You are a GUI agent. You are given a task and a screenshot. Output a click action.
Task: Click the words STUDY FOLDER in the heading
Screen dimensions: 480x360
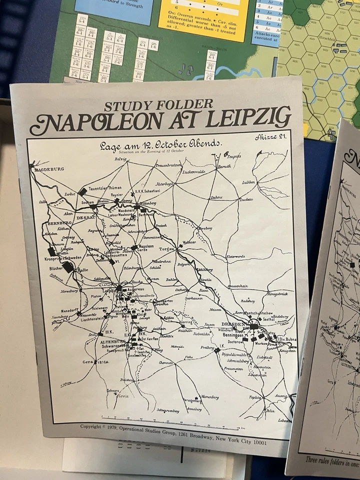pos(158,105)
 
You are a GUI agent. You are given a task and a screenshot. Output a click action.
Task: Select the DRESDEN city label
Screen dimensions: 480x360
pos(233,323)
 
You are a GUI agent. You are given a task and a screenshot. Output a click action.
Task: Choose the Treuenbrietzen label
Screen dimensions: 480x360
pos(170,165)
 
